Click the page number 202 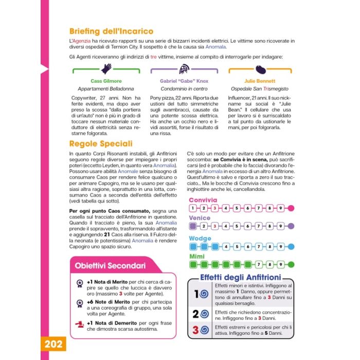click(52, 344)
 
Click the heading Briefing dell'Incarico click(111, 31)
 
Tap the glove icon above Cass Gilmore click(106, 68)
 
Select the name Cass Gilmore click(105, 81)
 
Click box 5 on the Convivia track click(237, 208)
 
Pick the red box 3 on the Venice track click(214, 226)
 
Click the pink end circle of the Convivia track click(291, 208)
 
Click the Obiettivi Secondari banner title click(110, 266)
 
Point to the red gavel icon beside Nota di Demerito click(79, 323)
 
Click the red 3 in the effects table click(195, 330)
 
